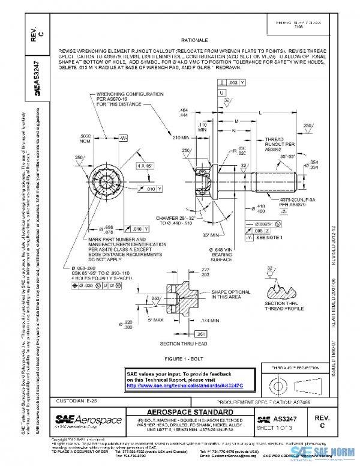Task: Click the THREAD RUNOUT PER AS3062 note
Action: (278, 145)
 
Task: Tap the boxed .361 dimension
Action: (202, 333)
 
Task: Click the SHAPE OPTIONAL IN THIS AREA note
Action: (227, 294)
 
